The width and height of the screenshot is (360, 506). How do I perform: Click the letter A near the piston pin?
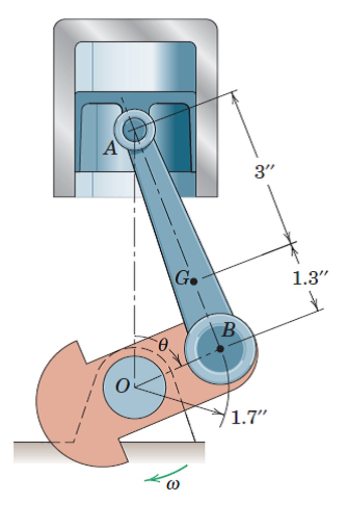(111, 148)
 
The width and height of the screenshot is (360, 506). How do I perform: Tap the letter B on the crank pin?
(228, 330)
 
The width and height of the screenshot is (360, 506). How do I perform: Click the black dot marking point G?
(194, 281)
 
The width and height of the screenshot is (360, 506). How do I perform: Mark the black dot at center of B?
(220, 348)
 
